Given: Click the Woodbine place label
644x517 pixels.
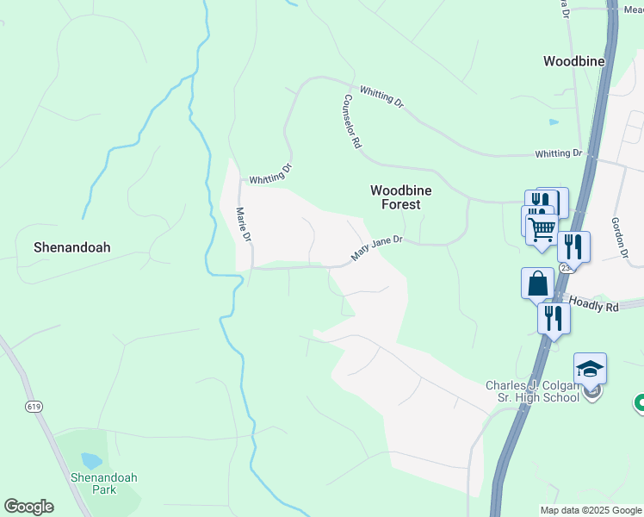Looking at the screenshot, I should [573, 61].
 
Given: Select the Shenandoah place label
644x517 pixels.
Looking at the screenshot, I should [71, 246].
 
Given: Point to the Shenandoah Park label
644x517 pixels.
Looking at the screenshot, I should [104, 483].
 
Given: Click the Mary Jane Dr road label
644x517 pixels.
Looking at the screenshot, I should [377, 251].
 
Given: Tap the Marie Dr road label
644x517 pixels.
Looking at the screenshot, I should [244, 223].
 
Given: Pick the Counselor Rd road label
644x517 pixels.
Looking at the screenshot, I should [351, 121].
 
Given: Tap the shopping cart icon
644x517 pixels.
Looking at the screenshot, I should [542, 229].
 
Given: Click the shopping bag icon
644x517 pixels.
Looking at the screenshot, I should [537, 283].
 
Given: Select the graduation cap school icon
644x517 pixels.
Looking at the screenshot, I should [590, 368].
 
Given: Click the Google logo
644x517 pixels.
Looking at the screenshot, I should [28, 507].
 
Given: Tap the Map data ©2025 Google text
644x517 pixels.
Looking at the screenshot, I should [591, 510].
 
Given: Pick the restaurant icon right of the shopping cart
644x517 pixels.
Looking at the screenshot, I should [573, 246].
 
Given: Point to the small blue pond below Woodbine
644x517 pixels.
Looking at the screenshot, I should [554, 122].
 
